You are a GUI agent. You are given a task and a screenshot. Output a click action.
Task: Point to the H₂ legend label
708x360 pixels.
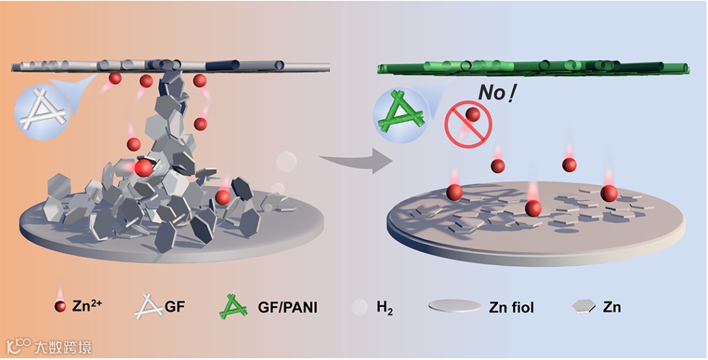coord(385,307)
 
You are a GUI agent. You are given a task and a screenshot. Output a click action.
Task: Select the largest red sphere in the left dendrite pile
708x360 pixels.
coord(144,168)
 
